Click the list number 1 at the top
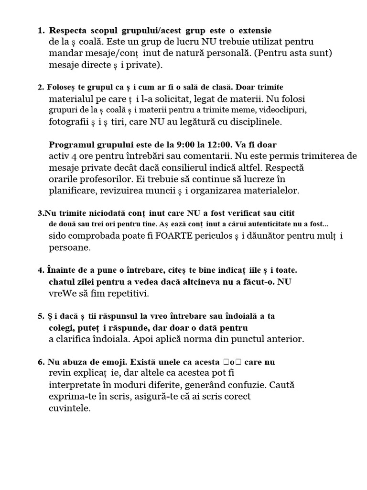pyautogui.click(x=40, y=31)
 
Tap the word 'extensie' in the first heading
pyautogui.click(x=255, y=31)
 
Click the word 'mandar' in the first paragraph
pyautogui.click(x=65, y=53)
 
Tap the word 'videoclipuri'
pyautogui.click(x=281, y=110)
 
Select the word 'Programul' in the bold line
pyautogui.click(x=72, y=145)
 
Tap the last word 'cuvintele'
pyautogui.click(x=69, y=408)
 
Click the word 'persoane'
pyautogui.click(x=69, y=248)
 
